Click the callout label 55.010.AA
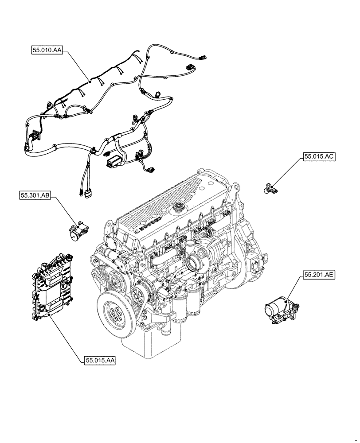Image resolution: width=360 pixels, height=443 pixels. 47,51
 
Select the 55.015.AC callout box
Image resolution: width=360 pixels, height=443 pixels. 319,157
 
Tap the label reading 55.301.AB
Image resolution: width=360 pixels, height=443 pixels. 35,195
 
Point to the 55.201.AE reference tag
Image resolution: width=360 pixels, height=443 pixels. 319,275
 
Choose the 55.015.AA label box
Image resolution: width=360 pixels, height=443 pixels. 99,361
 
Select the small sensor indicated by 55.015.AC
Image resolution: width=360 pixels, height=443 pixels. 268,188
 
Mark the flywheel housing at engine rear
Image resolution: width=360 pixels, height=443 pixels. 248,248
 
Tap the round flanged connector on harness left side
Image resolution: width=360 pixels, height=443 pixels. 34,135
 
